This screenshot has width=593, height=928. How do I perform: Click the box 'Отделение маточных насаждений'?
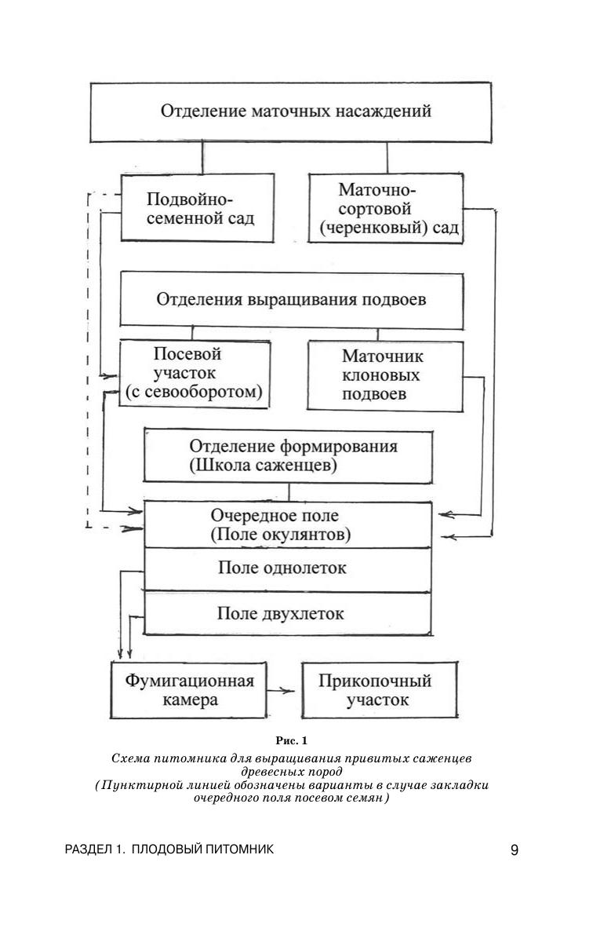tap(296, 111)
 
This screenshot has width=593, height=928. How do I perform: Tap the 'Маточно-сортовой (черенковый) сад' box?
tap(386, 209)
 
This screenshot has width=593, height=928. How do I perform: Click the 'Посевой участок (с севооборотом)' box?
tap(195, 373)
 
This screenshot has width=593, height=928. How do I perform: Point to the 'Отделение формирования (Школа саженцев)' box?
tap(289, 455)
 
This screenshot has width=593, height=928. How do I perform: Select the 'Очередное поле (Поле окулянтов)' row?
tap(287, 525)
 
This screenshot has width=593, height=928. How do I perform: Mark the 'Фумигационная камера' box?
tap(187, 689)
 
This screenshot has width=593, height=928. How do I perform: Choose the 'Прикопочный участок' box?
tap(379, 689)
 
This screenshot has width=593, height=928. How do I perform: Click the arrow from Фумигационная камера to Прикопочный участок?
tap(281, 690)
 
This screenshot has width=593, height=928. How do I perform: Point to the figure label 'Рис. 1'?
tap(292, 740)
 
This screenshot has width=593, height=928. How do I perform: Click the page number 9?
tap(515, 849)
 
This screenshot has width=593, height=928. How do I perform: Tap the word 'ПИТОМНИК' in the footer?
tap(240, 849)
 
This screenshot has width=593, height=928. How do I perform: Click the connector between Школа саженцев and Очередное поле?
tap(289, 491)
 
